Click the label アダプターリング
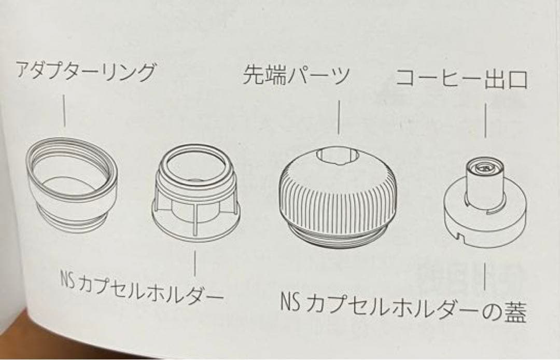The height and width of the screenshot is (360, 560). coord(85,72)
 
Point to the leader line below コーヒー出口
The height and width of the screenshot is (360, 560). coord(486,120)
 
